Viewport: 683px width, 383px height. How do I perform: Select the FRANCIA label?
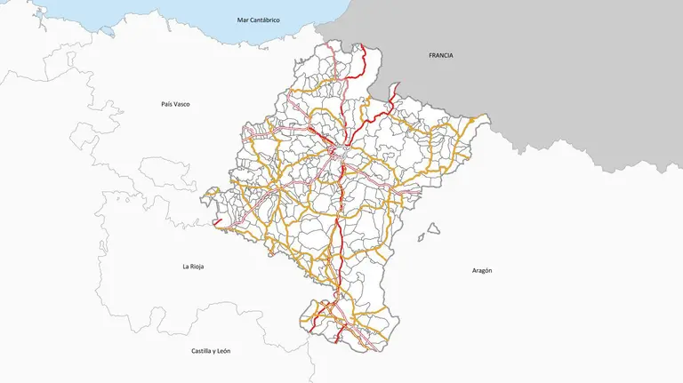pyautogui.click(x=440, y=55)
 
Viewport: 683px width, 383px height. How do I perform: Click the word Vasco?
pyautogui.click(x=182, y=104)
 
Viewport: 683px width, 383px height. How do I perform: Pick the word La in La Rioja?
pyautogui.click(x=186, y=267)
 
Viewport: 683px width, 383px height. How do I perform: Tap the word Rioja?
pyautogui.click(x=197, y=267)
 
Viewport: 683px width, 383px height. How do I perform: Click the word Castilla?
pyautogui.click(x=204, y=351)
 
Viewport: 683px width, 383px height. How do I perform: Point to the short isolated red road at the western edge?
pyautogui.click(x=217, y=221)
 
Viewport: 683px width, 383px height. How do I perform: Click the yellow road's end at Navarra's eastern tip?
pyautogui.click(x=486, y=117)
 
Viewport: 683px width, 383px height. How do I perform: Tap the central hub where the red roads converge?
pyautogui.click(x=341, y=149)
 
